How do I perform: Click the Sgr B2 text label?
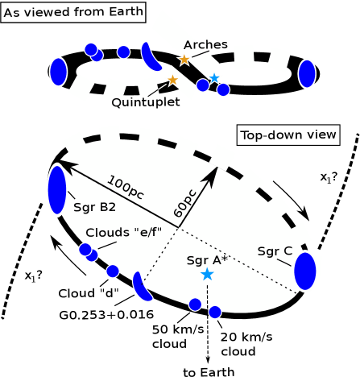tap(95, 208)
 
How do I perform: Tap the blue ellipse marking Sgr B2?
tap(56, 190)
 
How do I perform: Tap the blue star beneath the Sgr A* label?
tap(207, 275)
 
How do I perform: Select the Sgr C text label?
tap(275, 252)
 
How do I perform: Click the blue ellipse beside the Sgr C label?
tap(304, 271)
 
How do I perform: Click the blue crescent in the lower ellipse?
tap(142, 287)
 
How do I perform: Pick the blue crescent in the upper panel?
tap(151, 56)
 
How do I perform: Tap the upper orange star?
tap(184, 60)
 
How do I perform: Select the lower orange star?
tap(172, 80)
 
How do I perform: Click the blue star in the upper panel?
tap(214, 78)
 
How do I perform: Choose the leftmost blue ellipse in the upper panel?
tap(58, 72)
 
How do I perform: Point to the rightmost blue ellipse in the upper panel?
tap(307, 73)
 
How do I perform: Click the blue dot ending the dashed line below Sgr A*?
tap(214, 312)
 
